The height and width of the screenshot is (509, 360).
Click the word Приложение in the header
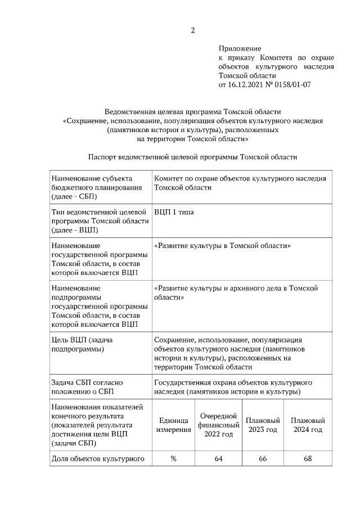click(240, 49)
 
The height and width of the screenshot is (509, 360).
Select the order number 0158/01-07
click(292, 85)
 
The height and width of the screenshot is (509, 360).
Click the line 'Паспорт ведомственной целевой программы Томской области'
click(192, 157)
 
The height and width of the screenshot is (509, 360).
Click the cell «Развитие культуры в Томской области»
click(222, 246)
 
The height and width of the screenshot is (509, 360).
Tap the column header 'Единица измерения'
click(173, 425)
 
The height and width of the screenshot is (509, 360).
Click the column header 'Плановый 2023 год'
click(262, 425)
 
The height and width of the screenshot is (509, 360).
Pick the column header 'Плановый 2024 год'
click(308, 425)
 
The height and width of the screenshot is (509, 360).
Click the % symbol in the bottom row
click(173, 459)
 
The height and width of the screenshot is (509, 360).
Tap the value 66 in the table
click(262, 459)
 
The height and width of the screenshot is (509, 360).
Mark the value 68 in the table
click(308, 459)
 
